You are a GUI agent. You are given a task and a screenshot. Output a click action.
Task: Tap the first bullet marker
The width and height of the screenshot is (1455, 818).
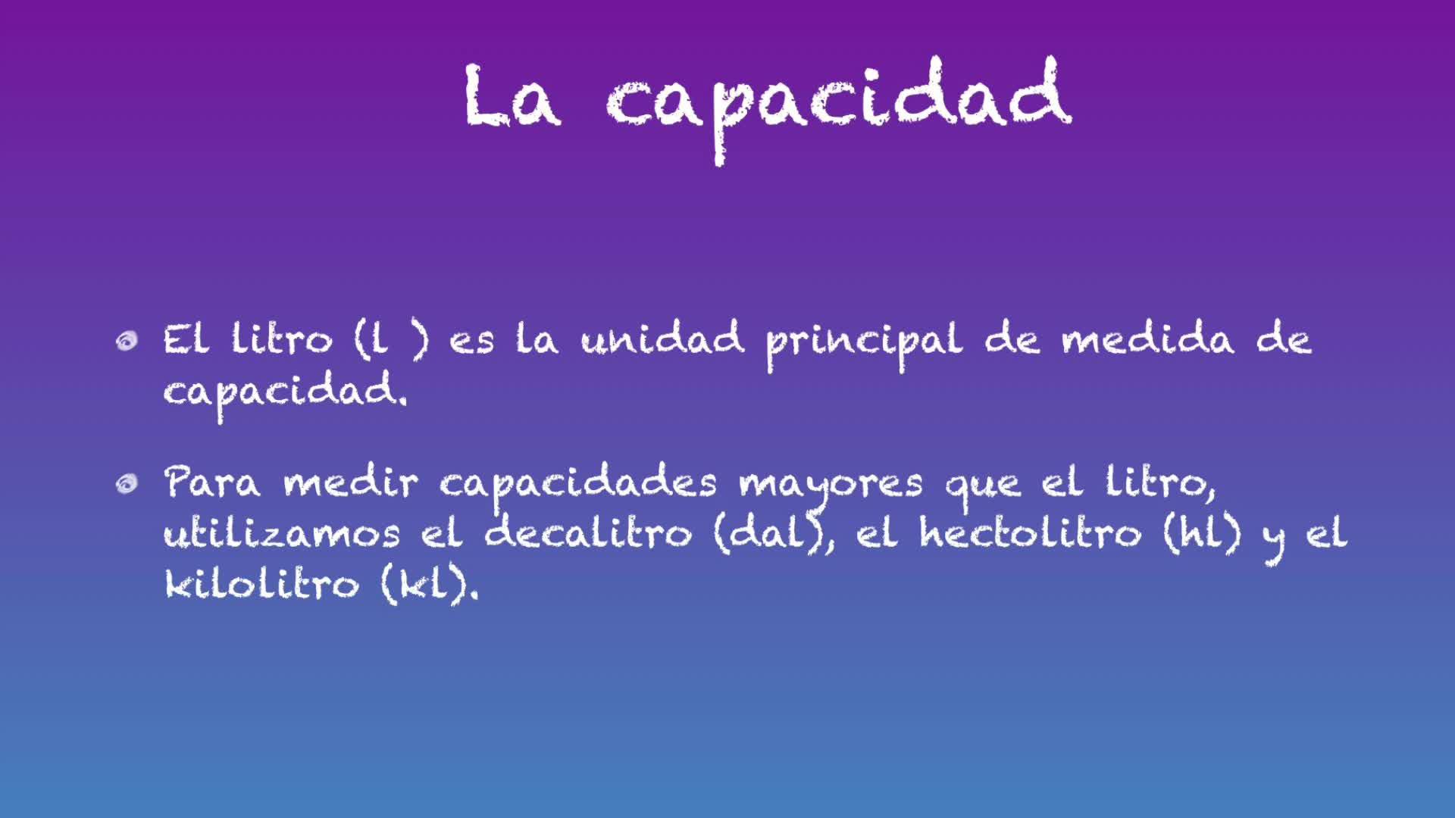[127, 342]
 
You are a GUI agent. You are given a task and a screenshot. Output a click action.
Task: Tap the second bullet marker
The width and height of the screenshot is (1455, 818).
[127, 483]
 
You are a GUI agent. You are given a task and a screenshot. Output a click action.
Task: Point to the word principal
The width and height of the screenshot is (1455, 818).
[864, 345]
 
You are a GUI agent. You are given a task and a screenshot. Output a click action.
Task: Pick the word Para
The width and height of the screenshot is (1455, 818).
[212, 482]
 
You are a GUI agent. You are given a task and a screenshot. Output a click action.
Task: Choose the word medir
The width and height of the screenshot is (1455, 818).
[350, 482]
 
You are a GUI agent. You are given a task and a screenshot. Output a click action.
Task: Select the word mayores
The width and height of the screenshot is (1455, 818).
[831, 488]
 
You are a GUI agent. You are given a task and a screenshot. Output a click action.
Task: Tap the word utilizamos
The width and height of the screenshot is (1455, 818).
[282, 533]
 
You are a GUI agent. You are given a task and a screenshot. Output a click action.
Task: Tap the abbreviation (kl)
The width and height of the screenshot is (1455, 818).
[429, 585]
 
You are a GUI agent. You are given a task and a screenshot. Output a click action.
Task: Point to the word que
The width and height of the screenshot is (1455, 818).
[982, 488]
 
